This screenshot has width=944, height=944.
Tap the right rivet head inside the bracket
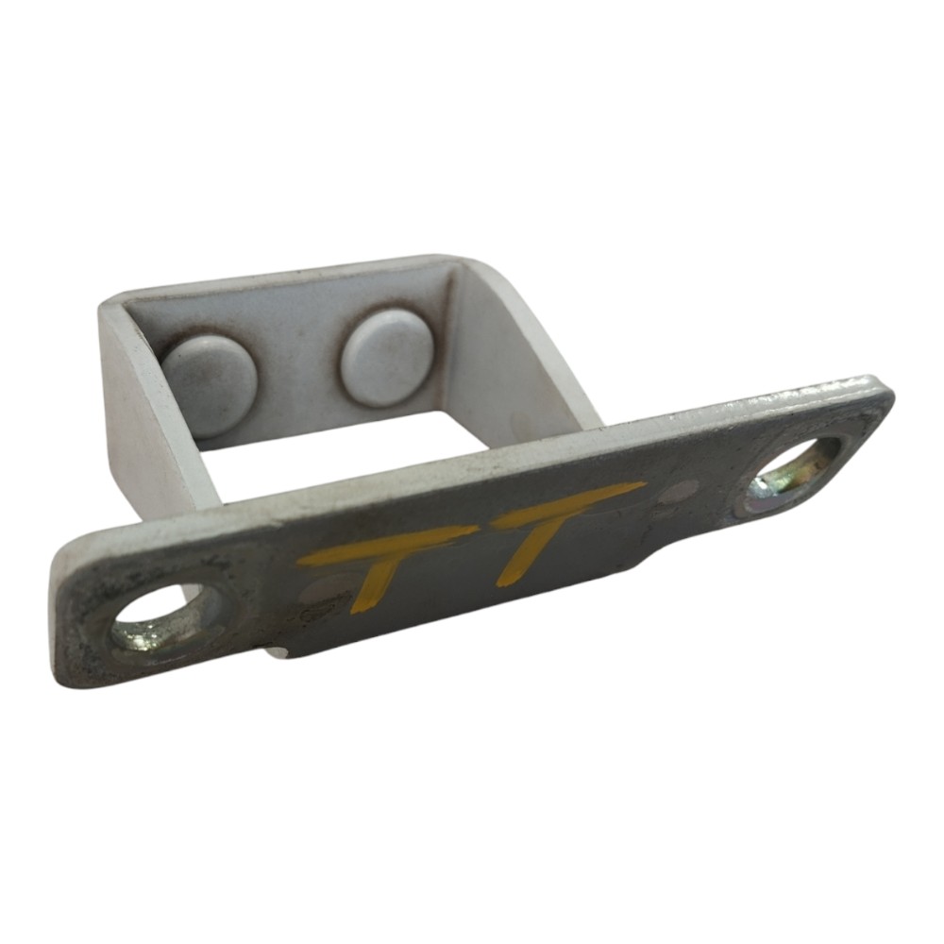(x=386, y=358)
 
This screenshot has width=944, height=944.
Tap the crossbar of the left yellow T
(x=384, y=548)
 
